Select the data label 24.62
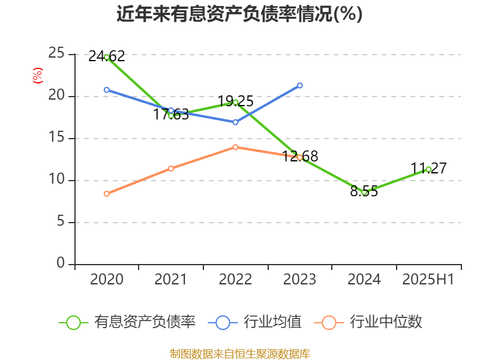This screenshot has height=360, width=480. (106, 56)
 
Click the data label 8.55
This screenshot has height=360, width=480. (364, 192)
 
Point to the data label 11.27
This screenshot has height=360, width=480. (428, 169)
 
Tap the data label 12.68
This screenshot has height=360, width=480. (300, 157)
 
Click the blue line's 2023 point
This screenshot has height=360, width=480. (300, 85)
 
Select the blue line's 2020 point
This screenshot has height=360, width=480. (107, 89)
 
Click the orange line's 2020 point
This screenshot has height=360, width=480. (107, 194)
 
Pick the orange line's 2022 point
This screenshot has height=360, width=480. (235, 147)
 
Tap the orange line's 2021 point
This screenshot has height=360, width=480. (171, 168)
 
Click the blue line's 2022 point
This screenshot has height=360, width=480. (235, 122)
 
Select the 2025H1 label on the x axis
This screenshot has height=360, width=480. (428, 280)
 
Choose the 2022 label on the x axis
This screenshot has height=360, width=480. (235, 280)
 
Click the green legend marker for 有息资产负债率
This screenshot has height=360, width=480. (73, 322)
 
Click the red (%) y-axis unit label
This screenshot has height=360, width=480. (37, 76)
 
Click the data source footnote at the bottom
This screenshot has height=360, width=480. (239, 353)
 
